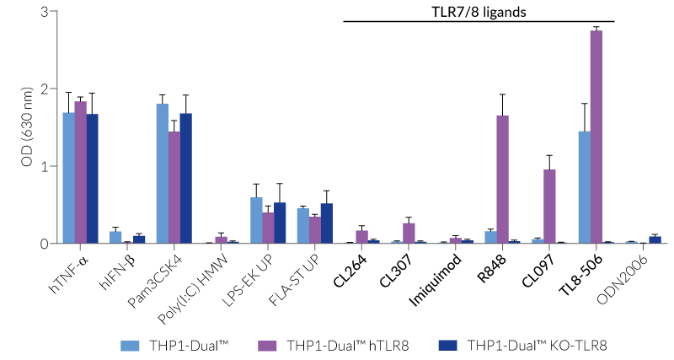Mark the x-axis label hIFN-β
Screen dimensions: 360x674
pyautogui.click(x=115, y=267)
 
